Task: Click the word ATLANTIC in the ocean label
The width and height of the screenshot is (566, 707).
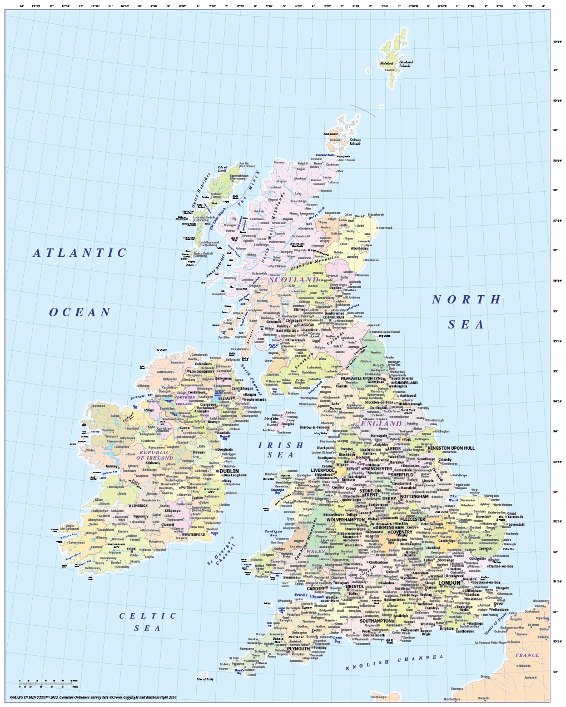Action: tap(80, 253)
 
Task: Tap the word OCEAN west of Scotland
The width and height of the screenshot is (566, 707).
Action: tap(81, 312)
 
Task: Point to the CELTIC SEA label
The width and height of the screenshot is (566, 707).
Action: tap(148, 621)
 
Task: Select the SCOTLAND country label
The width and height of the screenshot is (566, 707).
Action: tap(294, 279)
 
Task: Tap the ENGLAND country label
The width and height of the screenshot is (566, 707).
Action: tap(381, 423)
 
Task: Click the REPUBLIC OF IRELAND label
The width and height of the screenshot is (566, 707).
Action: tap(157, 455)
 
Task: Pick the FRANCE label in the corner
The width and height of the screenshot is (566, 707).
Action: tap(527, 655)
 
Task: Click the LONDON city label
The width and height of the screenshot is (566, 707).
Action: tap(449, 583)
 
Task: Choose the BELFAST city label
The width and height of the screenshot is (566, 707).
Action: tap(226, 398)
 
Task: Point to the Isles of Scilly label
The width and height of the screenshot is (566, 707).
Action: tap(205, 678)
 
